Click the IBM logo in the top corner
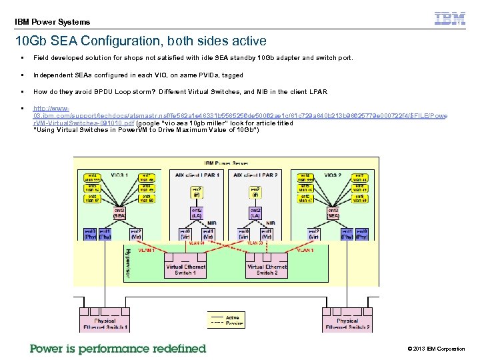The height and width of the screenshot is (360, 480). [x=450, y=19]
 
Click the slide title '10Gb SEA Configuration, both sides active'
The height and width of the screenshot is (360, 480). [x=141, y=41]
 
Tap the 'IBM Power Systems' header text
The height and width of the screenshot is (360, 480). [x=52, y=21]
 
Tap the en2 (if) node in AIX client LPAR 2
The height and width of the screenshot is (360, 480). [x=255, y=192]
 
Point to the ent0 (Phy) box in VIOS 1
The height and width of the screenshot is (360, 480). [x=91, y=233]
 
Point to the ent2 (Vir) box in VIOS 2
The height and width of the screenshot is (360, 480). [x=314, y=233]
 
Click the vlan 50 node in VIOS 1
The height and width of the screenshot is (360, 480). [x=147, y=199]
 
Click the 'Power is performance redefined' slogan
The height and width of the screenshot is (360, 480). [x=118, y=348]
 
